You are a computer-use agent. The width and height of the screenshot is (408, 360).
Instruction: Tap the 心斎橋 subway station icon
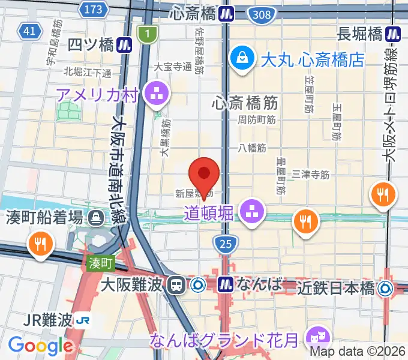226,13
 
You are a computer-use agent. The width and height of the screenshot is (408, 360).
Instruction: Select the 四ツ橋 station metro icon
125,44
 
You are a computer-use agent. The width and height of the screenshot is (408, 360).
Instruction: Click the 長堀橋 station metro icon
394,34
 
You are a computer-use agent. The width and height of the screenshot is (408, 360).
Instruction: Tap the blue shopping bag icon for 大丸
244,59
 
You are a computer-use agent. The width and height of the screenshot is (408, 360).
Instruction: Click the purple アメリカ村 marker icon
160,94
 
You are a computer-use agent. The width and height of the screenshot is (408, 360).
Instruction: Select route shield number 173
94,9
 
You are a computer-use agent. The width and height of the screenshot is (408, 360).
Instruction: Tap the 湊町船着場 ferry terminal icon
96,218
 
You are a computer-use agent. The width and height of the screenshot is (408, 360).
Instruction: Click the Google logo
40,345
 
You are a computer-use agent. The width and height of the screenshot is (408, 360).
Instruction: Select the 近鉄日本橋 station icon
385,288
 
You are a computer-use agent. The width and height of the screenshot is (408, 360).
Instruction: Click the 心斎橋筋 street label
244,103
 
